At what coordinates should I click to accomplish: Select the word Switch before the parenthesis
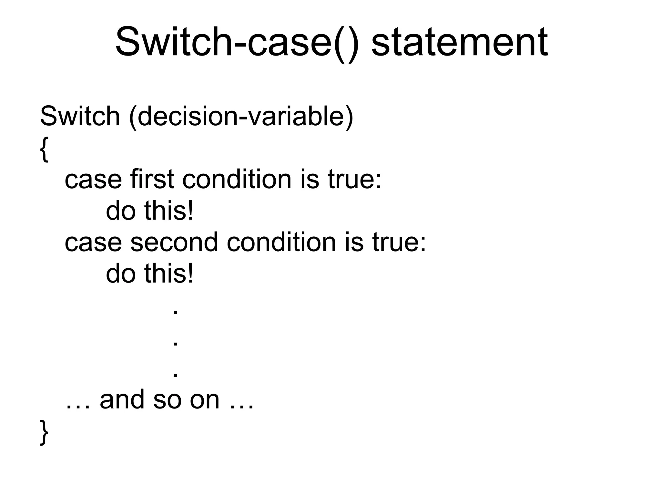[x=80, y=116]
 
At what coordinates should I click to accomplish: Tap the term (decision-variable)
[x=241, y=117]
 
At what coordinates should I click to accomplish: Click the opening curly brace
[x=44, y=149]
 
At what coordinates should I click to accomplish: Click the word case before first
[x=93, y=180]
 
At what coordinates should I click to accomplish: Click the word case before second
[x=93, y=243]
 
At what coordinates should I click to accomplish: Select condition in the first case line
[x=237, y=179]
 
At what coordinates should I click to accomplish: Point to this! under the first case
[x=169, y=211]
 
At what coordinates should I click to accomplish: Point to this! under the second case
[x=169, y=274]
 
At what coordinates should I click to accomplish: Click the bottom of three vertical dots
[x=176, y=375]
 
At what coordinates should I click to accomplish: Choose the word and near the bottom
[x=122, y=400]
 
